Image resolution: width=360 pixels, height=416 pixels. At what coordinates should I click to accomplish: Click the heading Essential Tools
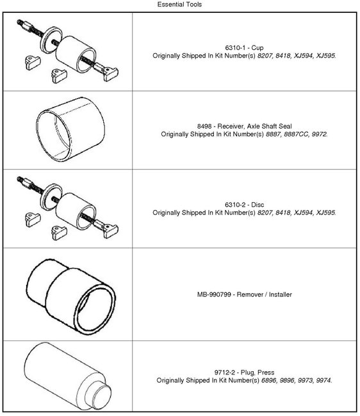point(179,4)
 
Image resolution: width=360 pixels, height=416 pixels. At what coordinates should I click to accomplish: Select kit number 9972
point(318,134)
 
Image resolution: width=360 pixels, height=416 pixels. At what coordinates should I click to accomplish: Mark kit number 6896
point(269,380)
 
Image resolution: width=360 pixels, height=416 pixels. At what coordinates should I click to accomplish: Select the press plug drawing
point(67,373)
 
